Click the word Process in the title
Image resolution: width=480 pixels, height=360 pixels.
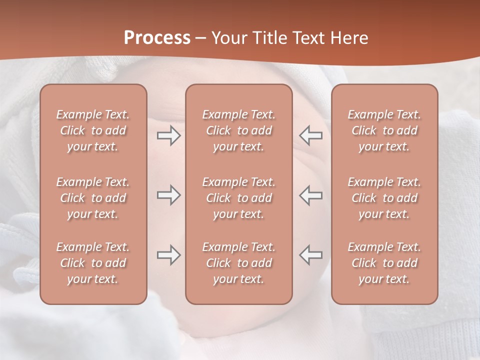[157, 38]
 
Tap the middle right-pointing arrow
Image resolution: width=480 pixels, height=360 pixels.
[168, 195]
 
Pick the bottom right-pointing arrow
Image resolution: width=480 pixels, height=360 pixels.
[168, 255]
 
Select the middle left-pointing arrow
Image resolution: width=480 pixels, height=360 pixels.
[310, 195]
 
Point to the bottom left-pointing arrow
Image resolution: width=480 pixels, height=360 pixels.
[310, 255]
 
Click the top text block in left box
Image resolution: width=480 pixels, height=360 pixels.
[93, 130]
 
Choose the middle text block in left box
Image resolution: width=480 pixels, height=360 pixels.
[93, 198]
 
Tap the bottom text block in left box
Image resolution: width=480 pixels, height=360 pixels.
[93, 263]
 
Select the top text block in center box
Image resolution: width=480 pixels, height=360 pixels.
[238, 130]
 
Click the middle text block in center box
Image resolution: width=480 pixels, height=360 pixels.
[238, 198]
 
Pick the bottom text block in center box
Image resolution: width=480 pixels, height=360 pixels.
[238, 263]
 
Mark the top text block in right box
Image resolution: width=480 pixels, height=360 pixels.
[384, 130]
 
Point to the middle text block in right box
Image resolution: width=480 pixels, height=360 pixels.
[384, 198]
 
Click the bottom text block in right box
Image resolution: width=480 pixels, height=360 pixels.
[384, 263]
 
